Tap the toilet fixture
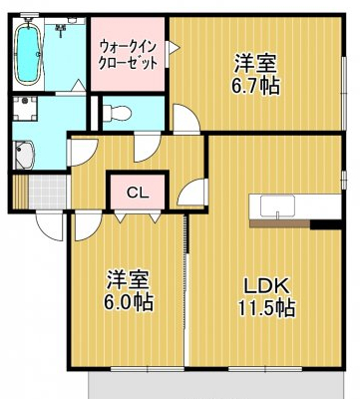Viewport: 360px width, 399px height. [116, 110]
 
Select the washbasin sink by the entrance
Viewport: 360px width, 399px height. [23, 155]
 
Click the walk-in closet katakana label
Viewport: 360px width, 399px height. [127, 54]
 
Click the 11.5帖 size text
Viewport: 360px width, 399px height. [264, 307]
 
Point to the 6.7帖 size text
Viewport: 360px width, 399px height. [254, 85]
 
